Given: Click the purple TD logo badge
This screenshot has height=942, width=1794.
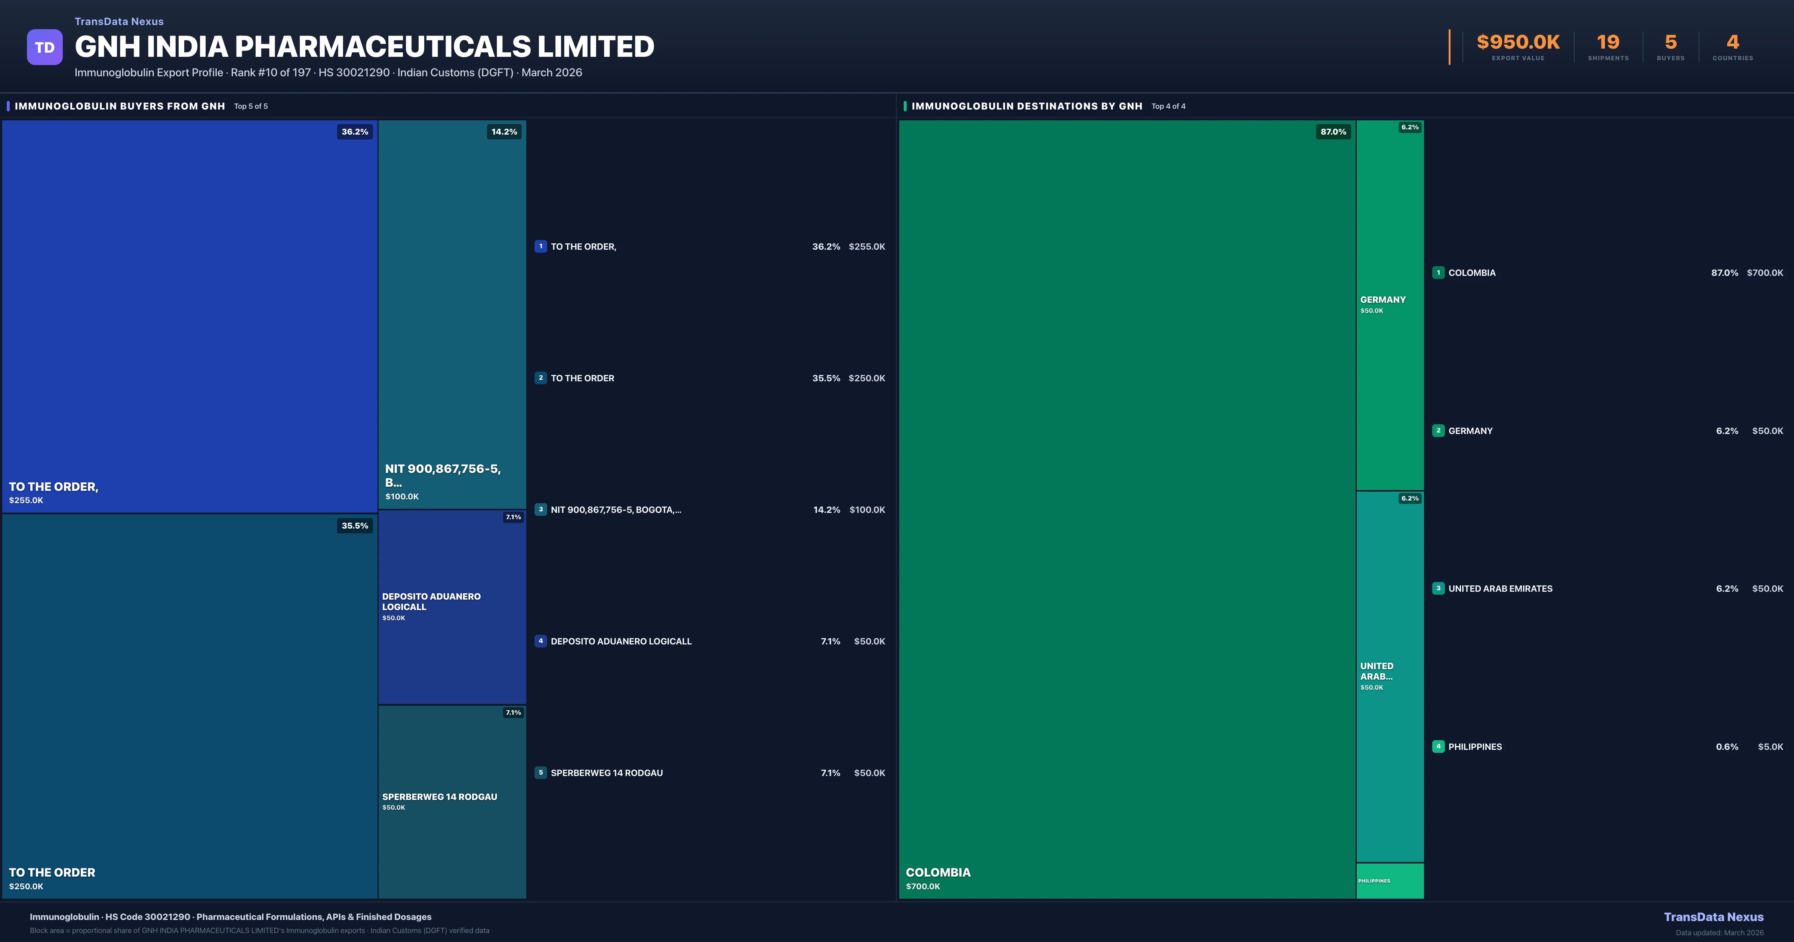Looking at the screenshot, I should pyautogui.click(x=44, y=47).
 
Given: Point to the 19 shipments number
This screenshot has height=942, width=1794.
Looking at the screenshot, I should pyautogui.click(x=1607, y=43).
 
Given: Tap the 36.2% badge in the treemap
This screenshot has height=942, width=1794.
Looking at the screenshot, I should pyautogui.click(x=354, y=132).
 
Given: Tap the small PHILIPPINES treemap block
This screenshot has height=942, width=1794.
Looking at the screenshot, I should pyautogui.click(x=1389, y=881).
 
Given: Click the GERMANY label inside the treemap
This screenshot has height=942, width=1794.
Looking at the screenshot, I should pyautogui.click(x=1383, y=299).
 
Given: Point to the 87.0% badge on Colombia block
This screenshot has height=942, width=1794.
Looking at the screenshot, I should pyautogui.click(x=1333, y=132).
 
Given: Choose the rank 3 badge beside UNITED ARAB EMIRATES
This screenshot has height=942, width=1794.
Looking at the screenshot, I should pyautogui.click(x=1438, y=588).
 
